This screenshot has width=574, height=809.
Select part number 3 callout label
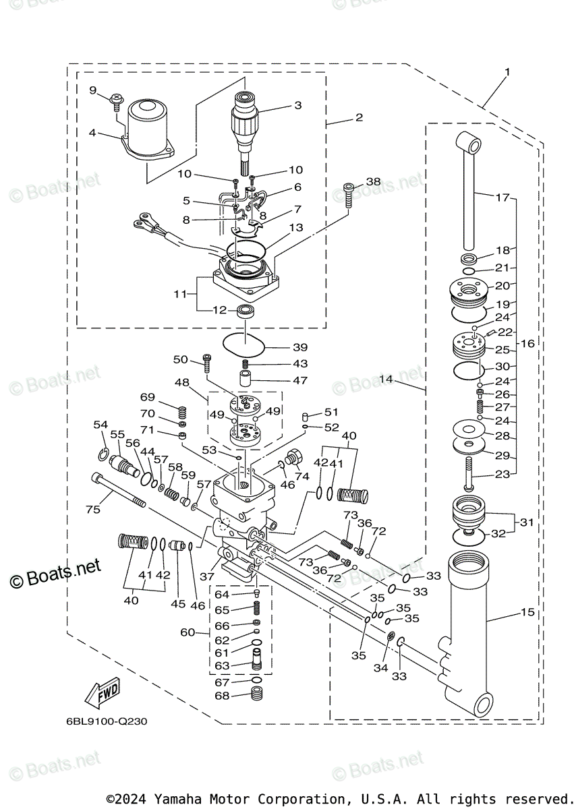(x=297, y=105)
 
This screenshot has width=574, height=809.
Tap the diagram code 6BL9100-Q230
(x=107, y=721)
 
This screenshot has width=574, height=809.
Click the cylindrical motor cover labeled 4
(x=147, y=126)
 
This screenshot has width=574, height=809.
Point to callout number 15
(x=527, y=612)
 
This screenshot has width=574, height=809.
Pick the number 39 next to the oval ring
(x=299, y=347)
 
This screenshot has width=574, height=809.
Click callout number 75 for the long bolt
(x=92, y=510)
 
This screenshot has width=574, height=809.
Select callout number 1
(x=507, y=71)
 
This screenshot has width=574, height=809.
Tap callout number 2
(x=359, y=117)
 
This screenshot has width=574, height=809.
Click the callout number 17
(x=502, y=198)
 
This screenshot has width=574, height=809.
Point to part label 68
(x=222, y=695)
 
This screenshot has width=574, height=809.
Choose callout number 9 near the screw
(x=93, y=90)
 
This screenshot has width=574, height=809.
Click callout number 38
(x=373, y=182)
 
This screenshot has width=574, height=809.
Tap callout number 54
(x=101, y=425)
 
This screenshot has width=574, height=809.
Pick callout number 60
(x=186, y=632)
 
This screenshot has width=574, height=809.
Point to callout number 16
(x=527, y=343)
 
